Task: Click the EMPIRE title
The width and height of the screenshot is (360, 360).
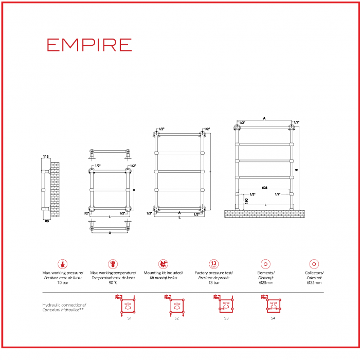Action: (89, 45)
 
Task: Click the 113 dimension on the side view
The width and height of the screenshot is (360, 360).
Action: (45, 157)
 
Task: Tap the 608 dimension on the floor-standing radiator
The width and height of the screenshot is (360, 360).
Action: (264, 188)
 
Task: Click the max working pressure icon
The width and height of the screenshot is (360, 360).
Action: (63, 264)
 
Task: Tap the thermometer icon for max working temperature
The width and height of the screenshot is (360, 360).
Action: (113, 264)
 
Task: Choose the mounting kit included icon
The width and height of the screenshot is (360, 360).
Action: (163, 264)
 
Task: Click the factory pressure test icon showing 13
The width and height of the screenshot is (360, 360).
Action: (214, 264)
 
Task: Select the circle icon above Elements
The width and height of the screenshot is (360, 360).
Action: (265, 264)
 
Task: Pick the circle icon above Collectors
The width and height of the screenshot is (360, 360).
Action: (314, 264)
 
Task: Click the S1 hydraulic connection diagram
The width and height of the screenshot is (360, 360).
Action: (128, 305)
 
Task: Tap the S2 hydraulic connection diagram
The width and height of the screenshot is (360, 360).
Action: (176, 305)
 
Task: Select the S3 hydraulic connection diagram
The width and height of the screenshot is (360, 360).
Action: (225, 305)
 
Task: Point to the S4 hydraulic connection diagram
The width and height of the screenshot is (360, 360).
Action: (273, 305)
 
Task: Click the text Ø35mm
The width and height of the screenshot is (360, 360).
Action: (314, 282)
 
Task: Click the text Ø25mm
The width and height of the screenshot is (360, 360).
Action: (265, 282)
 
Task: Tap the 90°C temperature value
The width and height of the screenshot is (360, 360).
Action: (113, 282)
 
